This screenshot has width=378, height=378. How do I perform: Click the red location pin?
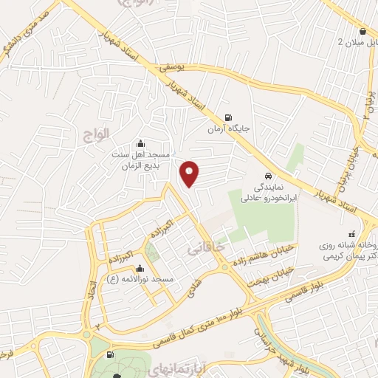pyautogui.click(x=190, y=173)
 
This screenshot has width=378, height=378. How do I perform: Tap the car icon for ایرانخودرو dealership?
pyautogui.click(x=268, y=176)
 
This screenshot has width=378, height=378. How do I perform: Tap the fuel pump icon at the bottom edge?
pyautogui.click(x=111, y=355)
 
